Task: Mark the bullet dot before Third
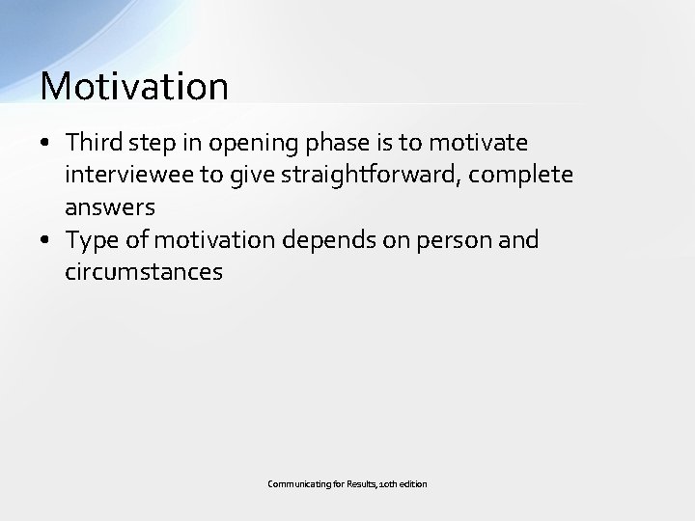(47, 144)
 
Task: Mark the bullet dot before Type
(47, 239)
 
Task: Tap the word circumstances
(143, 272)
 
